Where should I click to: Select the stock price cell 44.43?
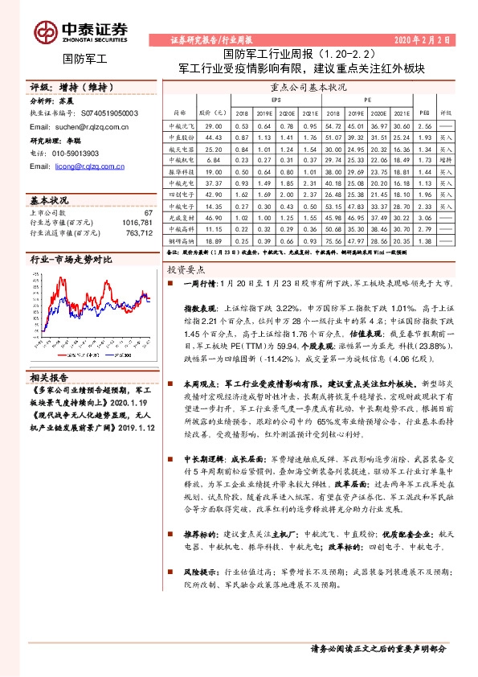[x=213, y=138]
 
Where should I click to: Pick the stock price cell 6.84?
[x=213, y=161]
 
